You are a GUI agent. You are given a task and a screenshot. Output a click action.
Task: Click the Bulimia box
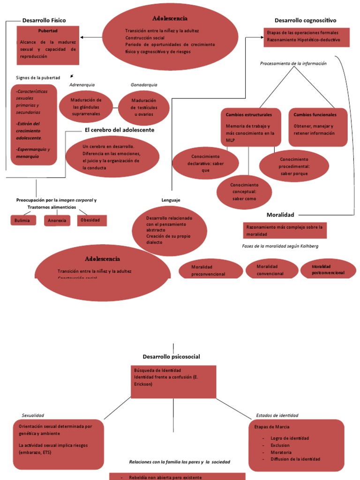pyautogui.click(x=23, y=220)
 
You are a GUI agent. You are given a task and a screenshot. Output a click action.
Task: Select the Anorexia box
pyautogui.click(x=57, y=220)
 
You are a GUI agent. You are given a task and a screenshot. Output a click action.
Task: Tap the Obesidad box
pyautogui.click(x=92, y=220)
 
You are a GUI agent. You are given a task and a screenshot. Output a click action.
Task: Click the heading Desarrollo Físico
pyautogui.click(x=44, y=20)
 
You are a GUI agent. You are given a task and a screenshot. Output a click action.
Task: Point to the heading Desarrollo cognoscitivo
pyautogui.click(x=305, y=20)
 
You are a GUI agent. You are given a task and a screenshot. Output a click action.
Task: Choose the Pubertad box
pyautogui.click(x=48, y=45)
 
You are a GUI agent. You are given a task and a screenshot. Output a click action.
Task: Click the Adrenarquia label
pyautogui.click(x=82, y=85)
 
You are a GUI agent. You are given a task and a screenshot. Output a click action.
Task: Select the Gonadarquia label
pyautogui.click(x=144, y=85)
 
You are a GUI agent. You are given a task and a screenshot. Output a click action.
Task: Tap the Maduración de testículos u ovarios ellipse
pyautogui.click(x=144, y=107)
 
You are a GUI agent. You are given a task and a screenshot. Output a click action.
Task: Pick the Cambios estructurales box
pyautogui.click(x=251, y=127)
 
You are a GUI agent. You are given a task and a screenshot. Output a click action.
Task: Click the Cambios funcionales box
pyautogui.click(x=318, y=127)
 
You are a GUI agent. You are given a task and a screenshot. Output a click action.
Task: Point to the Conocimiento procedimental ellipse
pyautogui.click(x=294, y=166)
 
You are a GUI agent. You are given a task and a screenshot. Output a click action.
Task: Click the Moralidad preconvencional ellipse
pyautogui.click(x=210, y=270)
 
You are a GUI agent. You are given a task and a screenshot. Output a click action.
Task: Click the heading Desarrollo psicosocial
pyautogui.click(x=172, y=357)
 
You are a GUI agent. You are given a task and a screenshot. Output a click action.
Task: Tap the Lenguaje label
pyautogui.click(x=171, y=200)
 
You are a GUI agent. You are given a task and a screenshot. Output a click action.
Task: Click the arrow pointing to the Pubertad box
pyautogui.click(x=91, y=37)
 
